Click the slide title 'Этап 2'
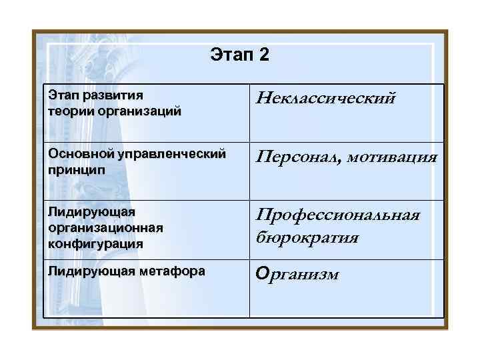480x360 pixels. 239,54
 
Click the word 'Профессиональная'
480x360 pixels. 338,216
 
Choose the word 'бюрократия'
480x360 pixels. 308,237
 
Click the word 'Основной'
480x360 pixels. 80,154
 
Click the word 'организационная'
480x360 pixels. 105,227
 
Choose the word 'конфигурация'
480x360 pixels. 96,243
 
